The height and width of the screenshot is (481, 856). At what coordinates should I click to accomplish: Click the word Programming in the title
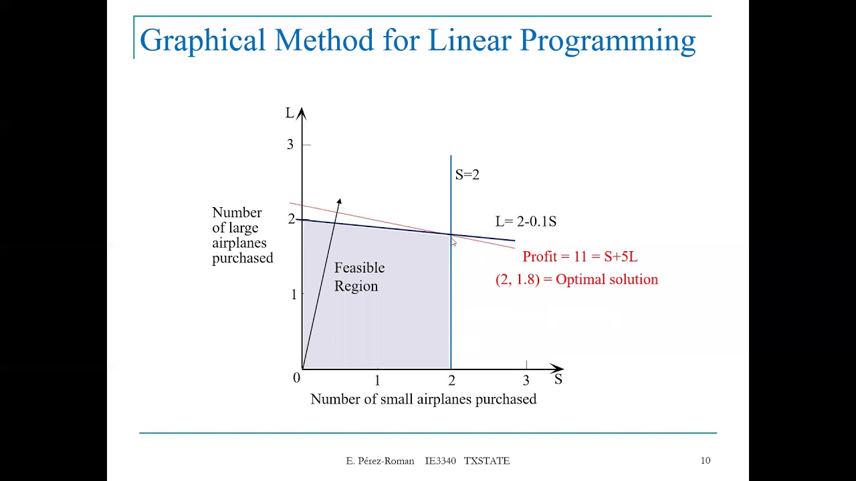pos(608,41)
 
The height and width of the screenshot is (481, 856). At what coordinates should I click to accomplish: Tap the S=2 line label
pos(467,175)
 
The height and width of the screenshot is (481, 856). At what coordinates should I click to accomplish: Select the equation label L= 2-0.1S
pos(526,222)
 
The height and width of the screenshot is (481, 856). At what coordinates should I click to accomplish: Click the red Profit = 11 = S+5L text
pos(580,257)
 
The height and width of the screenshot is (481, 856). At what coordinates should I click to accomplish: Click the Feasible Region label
pos(359,277)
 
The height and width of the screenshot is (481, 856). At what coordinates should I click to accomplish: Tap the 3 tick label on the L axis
pos(290,145)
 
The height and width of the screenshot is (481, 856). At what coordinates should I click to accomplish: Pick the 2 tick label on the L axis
pos(291,219)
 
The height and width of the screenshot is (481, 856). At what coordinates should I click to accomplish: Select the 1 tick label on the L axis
pos(293,294)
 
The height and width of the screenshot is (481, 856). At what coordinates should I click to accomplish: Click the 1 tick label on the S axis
pos(377,381)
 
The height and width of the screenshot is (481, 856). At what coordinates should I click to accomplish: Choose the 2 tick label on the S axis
pos(451,381)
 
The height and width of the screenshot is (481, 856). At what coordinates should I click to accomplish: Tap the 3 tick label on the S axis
pos(526,381)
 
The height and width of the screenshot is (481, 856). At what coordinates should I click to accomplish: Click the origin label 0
pos(296,378)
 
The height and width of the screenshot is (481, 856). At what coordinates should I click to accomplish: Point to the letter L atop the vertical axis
pos(290,114)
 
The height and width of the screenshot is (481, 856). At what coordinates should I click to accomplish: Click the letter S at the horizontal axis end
pos(558,379)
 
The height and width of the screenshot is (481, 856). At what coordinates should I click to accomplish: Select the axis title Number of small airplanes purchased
pos(423,399)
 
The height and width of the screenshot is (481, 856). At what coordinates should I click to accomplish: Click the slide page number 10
pos(706,460)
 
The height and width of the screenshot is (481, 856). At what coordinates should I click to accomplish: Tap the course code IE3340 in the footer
pos(440,461)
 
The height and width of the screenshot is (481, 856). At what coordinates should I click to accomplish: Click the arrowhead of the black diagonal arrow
pos(339,201)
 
